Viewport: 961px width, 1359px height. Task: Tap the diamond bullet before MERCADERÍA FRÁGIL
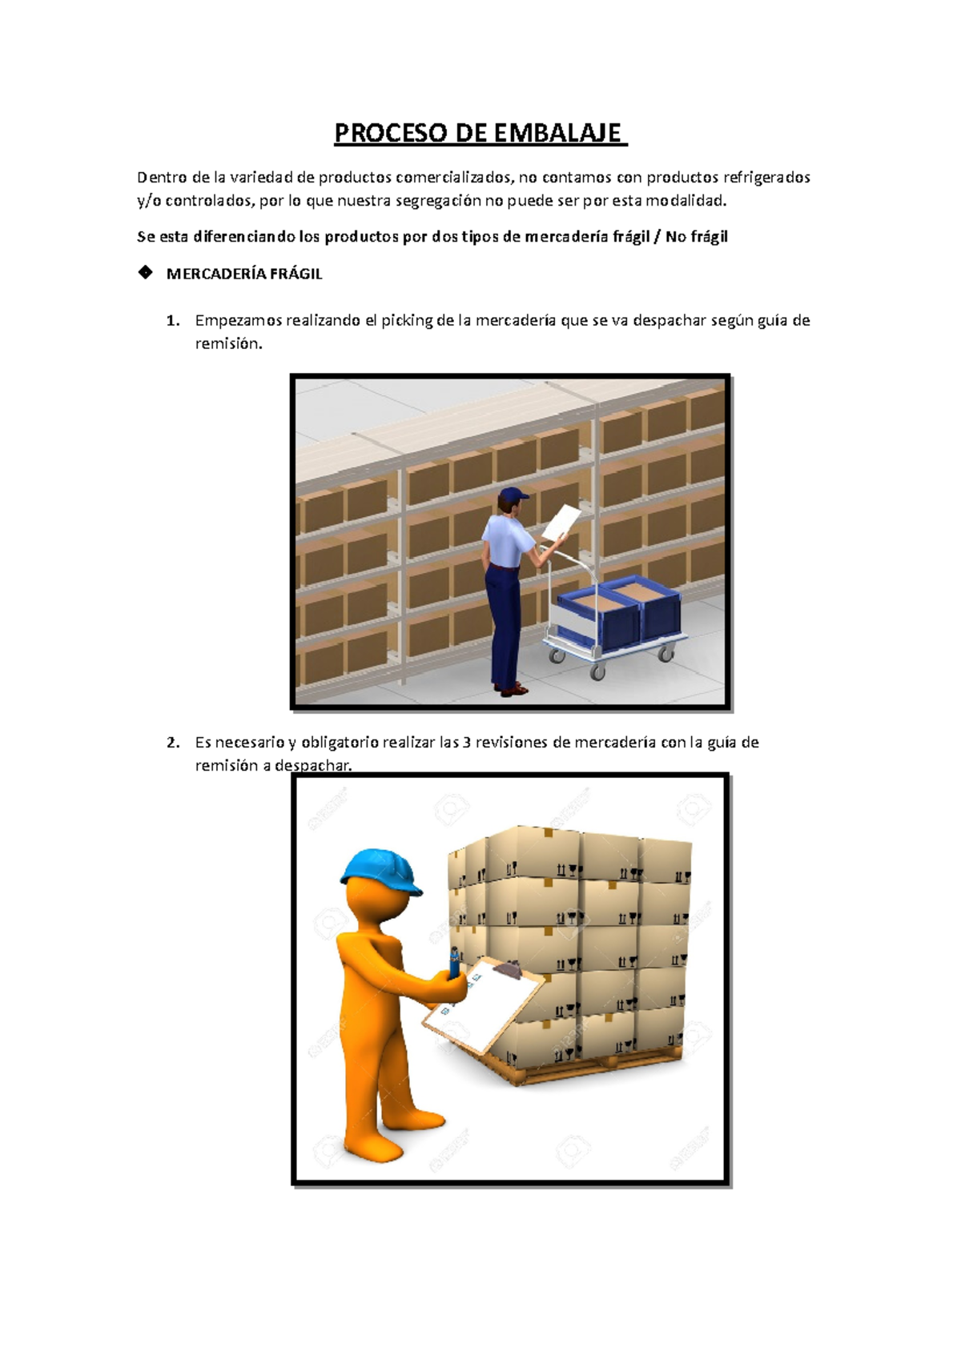tap(145, 273)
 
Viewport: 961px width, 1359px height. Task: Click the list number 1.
tap(172, 321)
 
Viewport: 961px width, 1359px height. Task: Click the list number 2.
tap(172, 743)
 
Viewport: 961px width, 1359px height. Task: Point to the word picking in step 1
tap(406, 321)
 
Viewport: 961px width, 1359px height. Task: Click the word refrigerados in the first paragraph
tap(766, 177)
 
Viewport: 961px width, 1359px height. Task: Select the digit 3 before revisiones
tap(467, 743)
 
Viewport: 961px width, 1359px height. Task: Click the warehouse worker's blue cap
tap(513, 495)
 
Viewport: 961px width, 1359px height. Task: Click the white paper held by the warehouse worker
tap(561, 522)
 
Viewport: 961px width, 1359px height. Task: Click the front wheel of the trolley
tap(597, 672)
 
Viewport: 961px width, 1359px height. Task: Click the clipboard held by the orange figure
tap(485, 1008)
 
